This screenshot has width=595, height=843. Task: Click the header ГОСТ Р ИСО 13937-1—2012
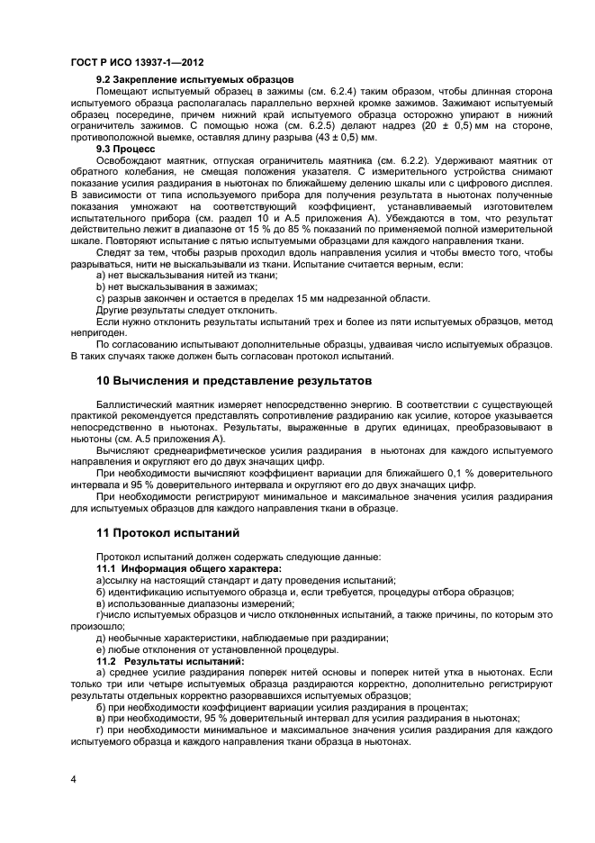[136, 63]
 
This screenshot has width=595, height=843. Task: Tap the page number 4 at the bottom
[73, 777]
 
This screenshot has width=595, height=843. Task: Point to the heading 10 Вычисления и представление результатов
[233, 381]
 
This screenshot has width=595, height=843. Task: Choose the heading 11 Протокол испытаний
[167, 533]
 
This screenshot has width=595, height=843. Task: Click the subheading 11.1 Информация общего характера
[188, 569]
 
